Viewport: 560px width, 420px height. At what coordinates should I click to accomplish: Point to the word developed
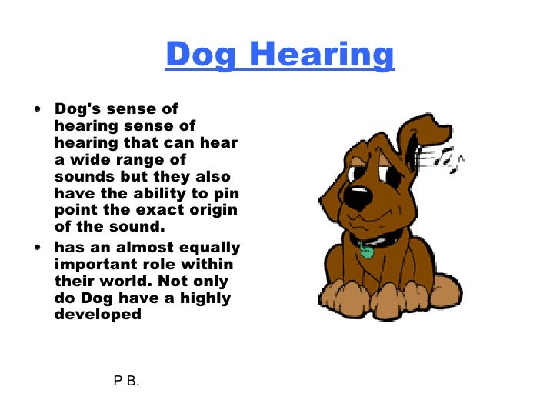coord(98,315)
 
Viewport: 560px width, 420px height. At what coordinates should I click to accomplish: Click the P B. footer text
coord(126,381)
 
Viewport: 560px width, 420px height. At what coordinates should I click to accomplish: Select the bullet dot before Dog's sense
coord(38,109)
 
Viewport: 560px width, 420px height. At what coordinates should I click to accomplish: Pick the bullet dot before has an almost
coord(38,247)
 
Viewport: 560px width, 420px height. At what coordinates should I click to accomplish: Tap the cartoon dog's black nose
coord(356,195)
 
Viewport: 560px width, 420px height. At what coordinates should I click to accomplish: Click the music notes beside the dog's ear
coord(447,158)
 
